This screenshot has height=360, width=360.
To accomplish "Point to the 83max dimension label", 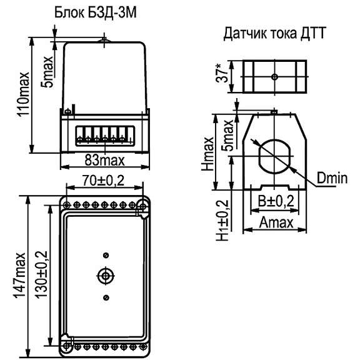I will coord(104,161).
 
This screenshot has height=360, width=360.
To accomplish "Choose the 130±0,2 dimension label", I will coord(41,274).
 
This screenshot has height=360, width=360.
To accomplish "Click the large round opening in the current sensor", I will coord(273,153).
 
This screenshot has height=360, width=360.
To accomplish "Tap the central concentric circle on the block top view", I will coord(106,276).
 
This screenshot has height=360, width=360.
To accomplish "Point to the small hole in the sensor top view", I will coord(274,77).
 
